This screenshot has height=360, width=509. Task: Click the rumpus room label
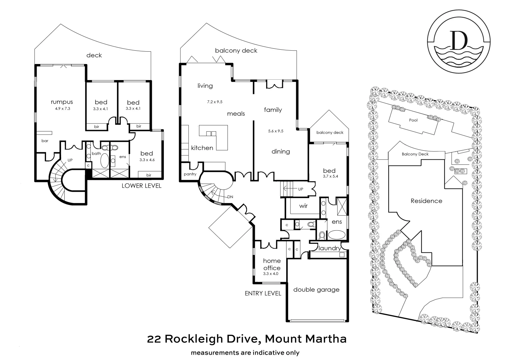(62, 102)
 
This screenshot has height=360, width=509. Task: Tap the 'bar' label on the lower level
(45, 141)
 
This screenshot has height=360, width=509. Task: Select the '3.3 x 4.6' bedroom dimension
(147, 160)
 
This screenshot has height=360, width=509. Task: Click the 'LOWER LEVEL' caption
(141, 186)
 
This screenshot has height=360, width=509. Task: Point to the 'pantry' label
(190, 174)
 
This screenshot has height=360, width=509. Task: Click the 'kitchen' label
(202, 148)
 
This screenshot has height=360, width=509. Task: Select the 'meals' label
(236, 114)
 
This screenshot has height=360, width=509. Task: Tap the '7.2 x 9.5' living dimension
(214, 102)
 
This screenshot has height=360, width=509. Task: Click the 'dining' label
(281, 151)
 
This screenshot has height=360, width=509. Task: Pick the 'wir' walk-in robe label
(303, 206)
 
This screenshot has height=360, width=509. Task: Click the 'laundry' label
(330, 248)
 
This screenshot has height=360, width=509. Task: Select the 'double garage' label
(316, 290)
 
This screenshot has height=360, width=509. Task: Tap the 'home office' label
(272, 264)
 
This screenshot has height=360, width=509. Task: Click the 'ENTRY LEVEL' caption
(263, 293)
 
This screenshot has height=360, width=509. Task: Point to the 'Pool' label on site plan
(413, 120)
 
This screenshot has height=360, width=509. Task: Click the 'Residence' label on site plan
(426, 201)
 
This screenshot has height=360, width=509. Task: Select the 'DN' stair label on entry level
(230, 197)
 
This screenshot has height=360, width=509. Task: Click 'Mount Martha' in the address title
(306, 339)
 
